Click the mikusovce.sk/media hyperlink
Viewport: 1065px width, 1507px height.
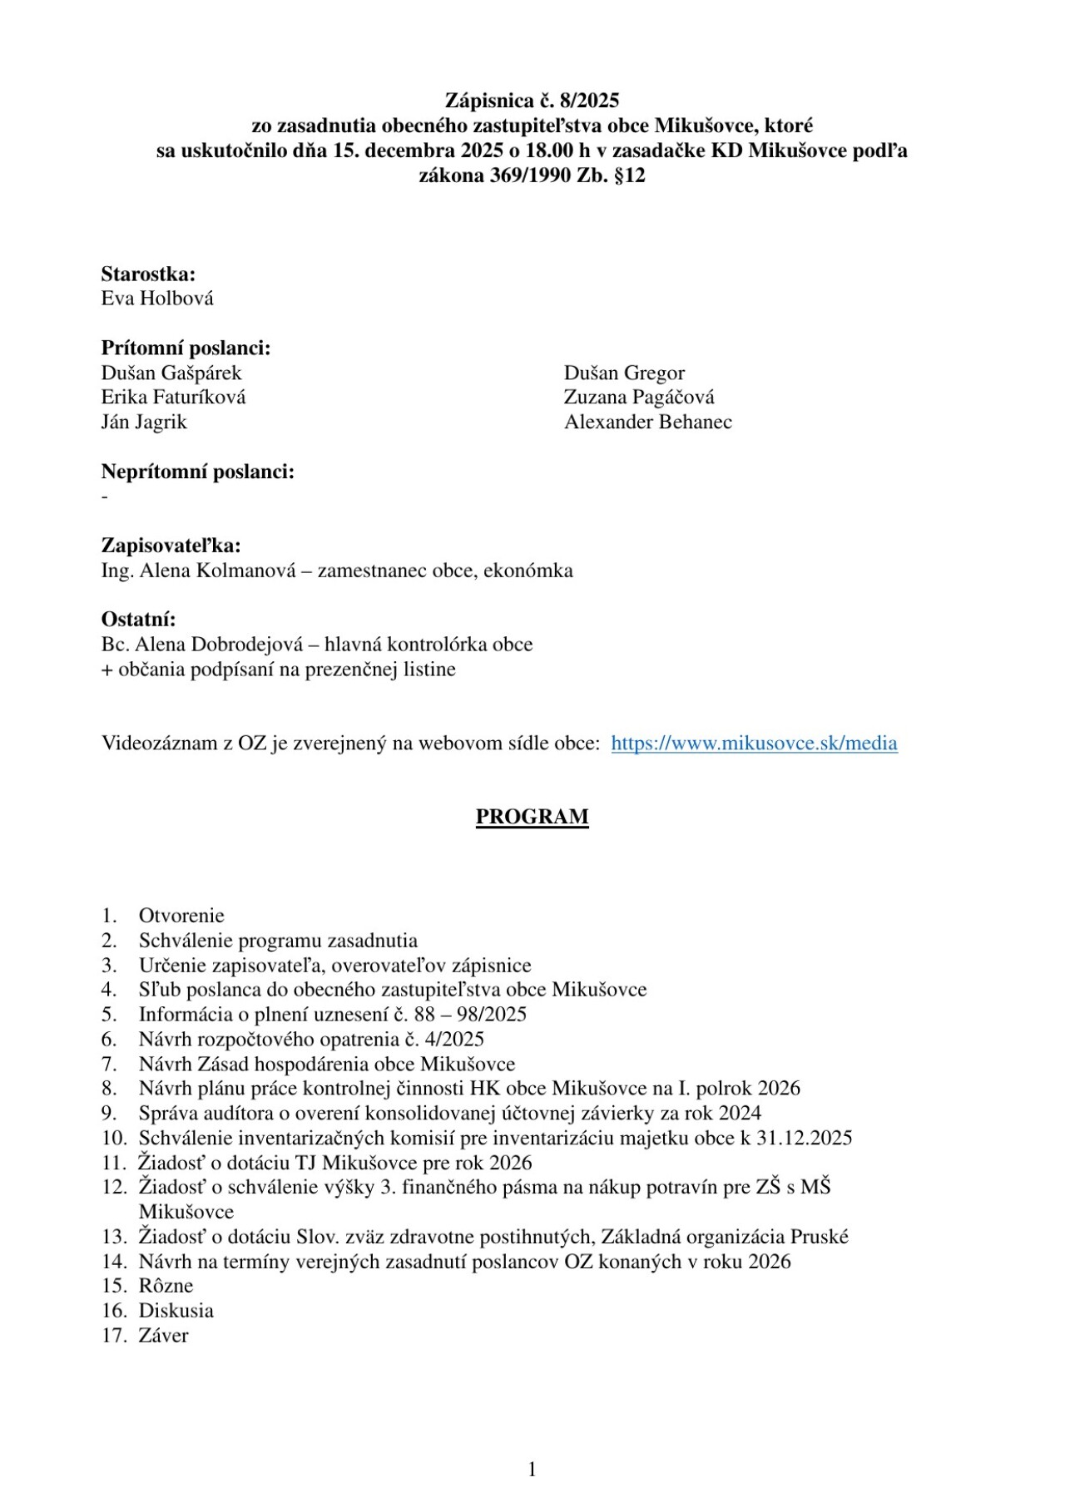tap(754, 743)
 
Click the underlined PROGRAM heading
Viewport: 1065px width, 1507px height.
tap(532, 817)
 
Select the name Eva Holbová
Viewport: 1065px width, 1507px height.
tap(157, 299)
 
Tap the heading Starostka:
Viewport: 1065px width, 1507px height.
tap(148, 274)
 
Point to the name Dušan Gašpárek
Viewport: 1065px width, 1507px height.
tap(171, 373)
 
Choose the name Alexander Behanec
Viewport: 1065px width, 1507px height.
tap(648, 422)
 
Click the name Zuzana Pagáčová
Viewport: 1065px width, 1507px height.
tap(639, 397)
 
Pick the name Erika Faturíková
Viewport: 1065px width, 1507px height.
tap(173, 397)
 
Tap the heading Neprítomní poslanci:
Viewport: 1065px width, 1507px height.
tap(198, 472)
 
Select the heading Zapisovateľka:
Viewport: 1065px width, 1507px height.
tap(171, 546)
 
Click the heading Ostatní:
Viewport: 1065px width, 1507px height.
tap(138, 619)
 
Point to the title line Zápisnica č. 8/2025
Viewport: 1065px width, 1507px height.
tap(532, 101)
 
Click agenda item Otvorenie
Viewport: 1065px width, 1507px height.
tap(181, 916)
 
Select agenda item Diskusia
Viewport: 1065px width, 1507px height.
tap(176, 1311)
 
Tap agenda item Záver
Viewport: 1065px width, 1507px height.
tap(163, 1336)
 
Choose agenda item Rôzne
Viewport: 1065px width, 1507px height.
tap(166, 1286)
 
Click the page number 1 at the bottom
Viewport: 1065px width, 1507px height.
tap(532, 1470)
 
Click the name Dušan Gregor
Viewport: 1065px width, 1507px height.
tap(624, 373)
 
